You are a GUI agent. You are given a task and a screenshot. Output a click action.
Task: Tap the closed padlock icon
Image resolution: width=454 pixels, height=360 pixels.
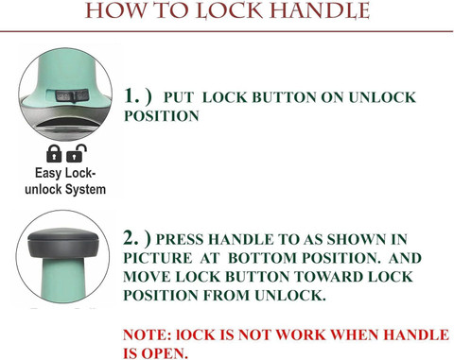(54, 153)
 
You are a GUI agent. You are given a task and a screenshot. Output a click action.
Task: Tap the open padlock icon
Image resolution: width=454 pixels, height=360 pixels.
(77, 153)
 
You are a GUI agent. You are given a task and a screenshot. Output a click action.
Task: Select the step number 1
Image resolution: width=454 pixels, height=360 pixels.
(131, 95)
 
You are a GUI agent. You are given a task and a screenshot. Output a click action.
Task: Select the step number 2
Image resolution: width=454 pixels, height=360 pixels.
(131, 238)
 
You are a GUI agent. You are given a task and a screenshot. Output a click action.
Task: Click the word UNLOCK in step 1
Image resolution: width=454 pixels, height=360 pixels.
(382, 97)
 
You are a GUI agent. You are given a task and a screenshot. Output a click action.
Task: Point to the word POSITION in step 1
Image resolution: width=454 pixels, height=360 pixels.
(162, 116)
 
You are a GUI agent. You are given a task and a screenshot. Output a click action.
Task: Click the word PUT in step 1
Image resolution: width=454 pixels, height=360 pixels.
(179, 97)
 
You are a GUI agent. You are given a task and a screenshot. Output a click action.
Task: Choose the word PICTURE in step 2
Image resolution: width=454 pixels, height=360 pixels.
(158, 258)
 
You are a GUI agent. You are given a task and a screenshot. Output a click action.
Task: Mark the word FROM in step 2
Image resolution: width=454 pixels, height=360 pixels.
(227, 296)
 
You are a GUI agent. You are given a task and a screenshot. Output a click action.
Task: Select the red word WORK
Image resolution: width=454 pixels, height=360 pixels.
(301, 334)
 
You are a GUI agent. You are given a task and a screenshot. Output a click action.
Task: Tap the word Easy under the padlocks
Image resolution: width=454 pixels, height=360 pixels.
(48, 173)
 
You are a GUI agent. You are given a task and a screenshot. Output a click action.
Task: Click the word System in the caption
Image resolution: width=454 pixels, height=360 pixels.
(85, 190)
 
